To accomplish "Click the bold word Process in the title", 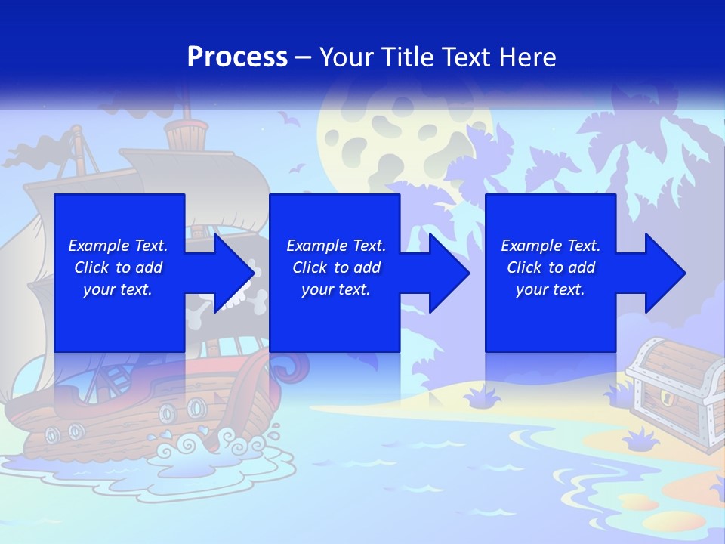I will [x=237, y=57].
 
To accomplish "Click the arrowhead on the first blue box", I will [x=233, y=273].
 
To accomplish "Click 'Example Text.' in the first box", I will [x=118, y=246].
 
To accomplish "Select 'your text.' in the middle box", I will [x=335, y=289].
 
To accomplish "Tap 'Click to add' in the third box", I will [x=551, y=267].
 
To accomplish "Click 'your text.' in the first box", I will [x=118, y=289].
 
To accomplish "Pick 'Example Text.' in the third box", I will [x=551, y=246].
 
